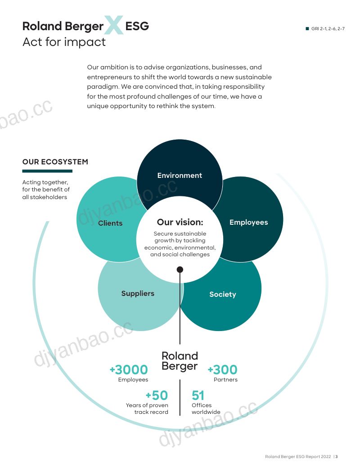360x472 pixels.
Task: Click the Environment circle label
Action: [x=180, y=175]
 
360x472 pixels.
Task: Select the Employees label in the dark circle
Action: [x=248, y=222]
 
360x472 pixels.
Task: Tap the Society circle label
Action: [x=223, y=295]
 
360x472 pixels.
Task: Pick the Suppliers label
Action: [x=138, y=294]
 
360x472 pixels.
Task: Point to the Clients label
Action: [x=110, y=223]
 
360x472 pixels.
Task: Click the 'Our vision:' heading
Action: [x=180, y=222]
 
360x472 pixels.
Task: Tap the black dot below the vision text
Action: [x=180, y=269]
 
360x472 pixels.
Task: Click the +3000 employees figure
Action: [x=129, y=370]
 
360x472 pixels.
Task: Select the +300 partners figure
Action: [x=223, y=370]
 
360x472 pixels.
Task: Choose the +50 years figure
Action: [x=157, y=395]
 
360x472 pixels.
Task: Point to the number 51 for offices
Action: [x=198, y=395]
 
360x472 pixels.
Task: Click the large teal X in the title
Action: [x=113, y=25]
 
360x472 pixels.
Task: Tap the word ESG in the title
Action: [x=137, y=26]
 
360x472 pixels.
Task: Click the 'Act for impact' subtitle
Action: [x=64, y=42]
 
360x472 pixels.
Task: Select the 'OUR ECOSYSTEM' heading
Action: [x=55, y=162]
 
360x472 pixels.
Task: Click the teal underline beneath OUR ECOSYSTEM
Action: [x=47, y=171]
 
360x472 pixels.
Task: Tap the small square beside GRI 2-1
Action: [x=307, y=28]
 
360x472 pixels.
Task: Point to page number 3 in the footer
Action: [x=337, y=457]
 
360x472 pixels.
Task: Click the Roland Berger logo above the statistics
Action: [x=180, y=361]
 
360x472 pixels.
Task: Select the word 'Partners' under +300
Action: [x=225, y=380]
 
